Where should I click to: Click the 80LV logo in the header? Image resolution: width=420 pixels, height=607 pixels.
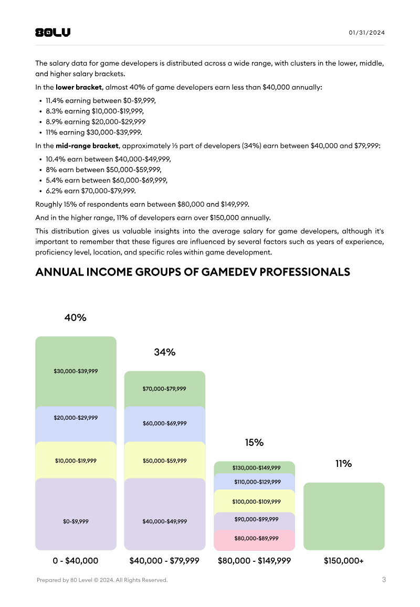click(x=52, y=33)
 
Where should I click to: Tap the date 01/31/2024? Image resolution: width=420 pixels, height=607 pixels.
click(x=366, y=33)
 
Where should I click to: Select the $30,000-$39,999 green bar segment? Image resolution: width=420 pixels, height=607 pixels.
click(x=76, y=371)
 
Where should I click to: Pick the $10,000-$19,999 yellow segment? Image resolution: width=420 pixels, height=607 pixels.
click(x=76, y=460)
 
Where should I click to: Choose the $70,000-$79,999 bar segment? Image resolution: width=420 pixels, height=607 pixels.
click(x=164, y=389)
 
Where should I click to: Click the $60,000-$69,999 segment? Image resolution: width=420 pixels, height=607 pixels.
click(x=164, y=423)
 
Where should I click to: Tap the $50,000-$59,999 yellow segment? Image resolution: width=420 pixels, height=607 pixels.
click(x=164, y=460)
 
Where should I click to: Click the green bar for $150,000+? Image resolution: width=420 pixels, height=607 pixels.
click(x=344, y=516)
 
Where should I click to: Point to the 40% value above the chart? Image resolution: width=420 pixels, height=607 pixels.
click(x=75, y=317)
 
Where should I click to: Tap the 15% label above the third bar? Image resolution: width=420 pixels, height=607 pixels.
click(x=254, y=442)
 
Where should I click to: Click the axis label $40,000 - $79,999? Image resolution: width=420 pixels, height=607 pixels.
click(x=164, y=561)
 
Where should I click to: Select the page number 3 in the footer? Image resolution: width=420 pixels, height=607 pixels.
click(x=384, y=580)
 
